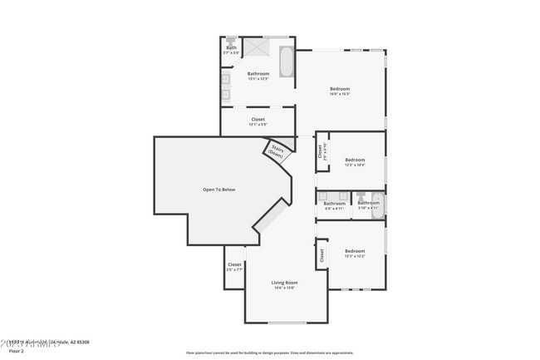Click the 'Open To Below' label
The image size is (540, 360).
point(219,190)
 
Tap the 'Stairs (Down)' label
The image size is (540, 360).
point(276,152)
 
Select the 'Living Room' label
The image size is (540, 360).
point(285,283)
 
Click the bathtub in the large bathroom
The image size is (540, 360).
point(287,62)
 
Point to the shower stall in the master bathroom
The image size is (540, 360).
point(263,47)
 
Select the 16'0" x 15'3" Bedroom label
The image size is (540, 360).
point(340,89)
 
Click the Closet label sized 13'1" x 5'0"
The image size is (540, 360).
point(258,120)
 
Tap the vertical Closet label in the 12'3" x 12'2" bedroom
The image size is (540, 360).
point(321,257)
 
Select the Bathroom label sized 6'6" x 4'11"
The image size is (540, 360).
point(334,204)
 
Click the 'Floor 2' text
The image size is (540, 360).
point(16,351)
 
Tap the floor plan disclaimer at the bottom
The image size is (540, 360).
point(269,352)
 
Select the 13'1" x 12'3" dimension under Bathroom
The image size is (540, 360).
point(258,79)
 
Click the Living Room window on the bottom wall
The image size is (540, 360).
point(286,322)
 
